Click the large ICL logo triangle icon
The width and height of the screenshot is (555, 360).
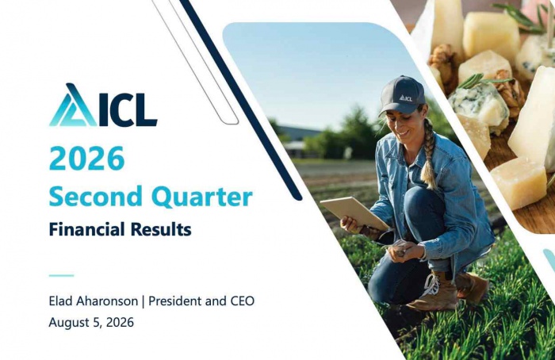[73, 105]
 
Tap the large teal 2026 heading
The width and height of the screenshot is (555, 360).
[87, 158]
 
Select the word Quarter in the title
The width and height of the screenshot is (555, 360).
[204, 197]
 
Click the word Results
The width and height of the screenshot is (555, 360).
[161, 229]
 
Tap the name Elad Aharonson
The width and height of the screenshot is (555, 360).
[94, 301]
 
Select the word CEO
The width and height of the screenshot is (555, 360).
[243, 301]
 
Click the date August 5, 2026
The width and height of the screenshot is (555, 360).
[91, 323]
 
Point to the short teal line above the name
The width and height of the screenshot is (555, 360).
[61, 275]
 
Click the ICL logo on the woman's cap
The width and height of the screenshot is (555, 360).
[406, 98]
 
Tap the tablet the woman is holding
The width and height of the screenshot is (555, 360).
[354, 213]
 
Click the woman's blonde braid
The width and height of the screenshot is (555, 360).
[428, 155]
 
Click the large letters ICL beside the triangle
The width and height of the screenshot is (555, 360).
[128, 109]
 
